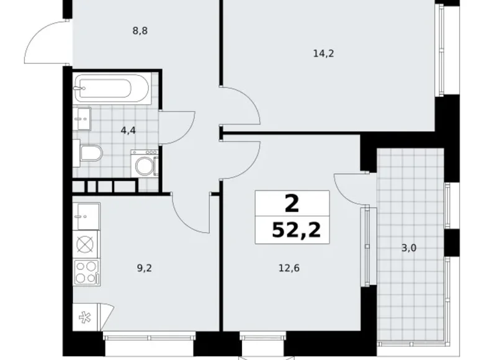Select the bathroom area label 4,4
tap(128, 131)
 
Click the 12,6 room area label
tap(289, 268)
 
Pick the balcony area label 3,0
tap(408, 248)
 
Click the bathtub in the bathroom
tap(112, 89)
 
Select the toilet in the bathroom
tap(88, 153)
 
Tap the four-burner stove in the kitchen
tap(86, 272)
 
